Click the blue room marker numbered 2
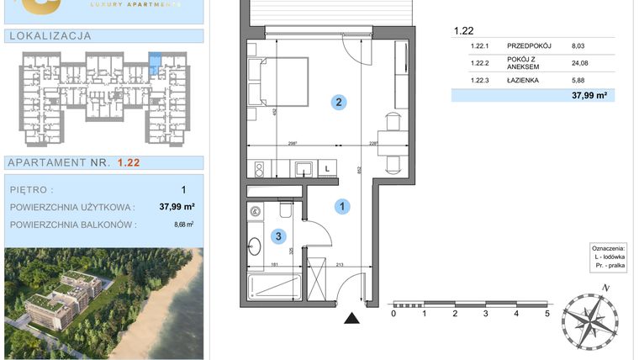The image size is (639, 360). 338,103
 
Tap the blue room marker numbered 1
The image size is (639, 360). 343,205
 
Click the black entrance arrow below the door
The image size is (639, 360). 351,318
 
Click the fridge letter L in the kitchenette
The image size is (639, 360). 327,168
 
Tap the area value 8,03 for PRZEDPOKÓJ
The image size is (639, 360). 578,46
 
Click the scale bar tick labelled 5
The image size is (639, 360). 547,314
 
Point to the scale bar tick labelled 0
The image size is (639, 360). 393,314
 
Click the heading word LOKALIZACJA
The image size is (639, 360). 48,35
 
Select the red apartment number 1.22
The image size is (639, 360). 129,162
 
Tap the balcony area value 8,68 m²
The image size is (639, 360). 183,225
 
